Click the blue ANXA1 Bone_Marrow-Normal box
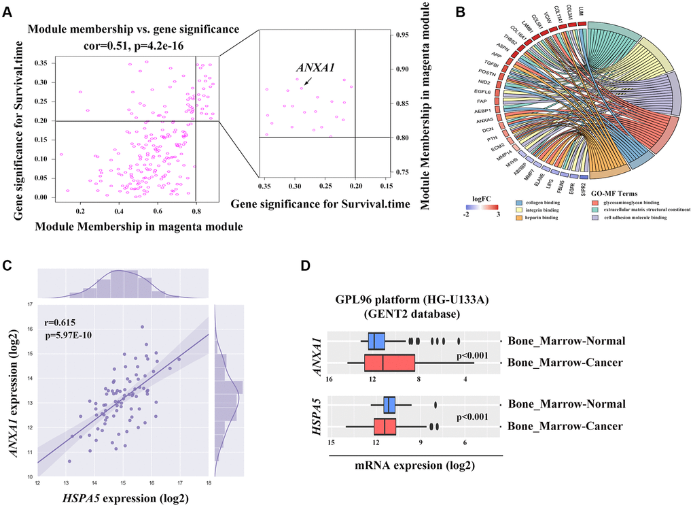coord(376,341)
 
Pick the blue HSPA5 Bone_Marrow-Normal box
coord(390,405)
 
